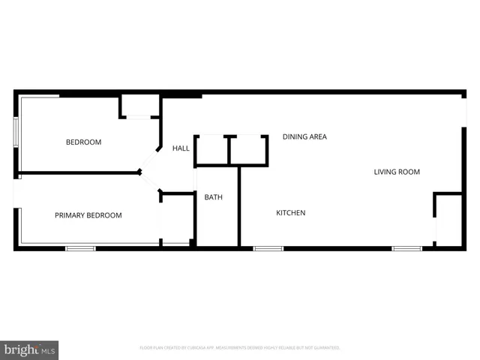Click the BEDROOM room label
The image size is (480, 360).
click(x=83, y=142)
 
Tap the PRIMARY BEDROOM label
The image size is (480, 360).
click(x=88, y=215)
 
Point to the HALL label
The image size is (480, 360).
click(x=181, y=148)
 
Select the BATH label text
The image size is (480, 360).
click(x=214, y=197)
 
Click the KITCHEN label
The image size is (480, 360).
click(x=290, y=213)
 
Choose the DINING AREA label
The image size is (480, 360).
click(x=304, y=136)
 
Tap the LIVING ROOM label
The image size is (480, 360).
click(x=397, y=172)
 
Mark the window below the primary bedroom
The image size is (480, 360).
click(x=80, y=248)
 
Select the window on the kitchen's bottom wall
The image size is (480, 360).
click(x=268, y=248)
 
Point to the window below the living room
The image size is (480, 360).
click(x=407, y=248)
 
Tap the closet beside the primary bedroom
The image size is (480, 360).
click(x=177, y=218)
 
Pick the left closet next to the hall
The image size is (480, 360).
click(x=211, y=150)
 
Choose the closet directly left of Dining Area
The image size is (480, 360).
click(x=248, y=150)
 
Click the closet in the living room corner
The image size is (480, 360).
click(x=448, y=219)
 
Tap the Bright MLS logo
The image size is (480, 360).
click(x=29, y=350)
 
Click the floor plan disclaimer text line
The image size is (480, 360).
click(x=240, y=348)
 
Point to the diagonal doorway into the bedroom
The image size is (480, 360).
click(x=150, y=160)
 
